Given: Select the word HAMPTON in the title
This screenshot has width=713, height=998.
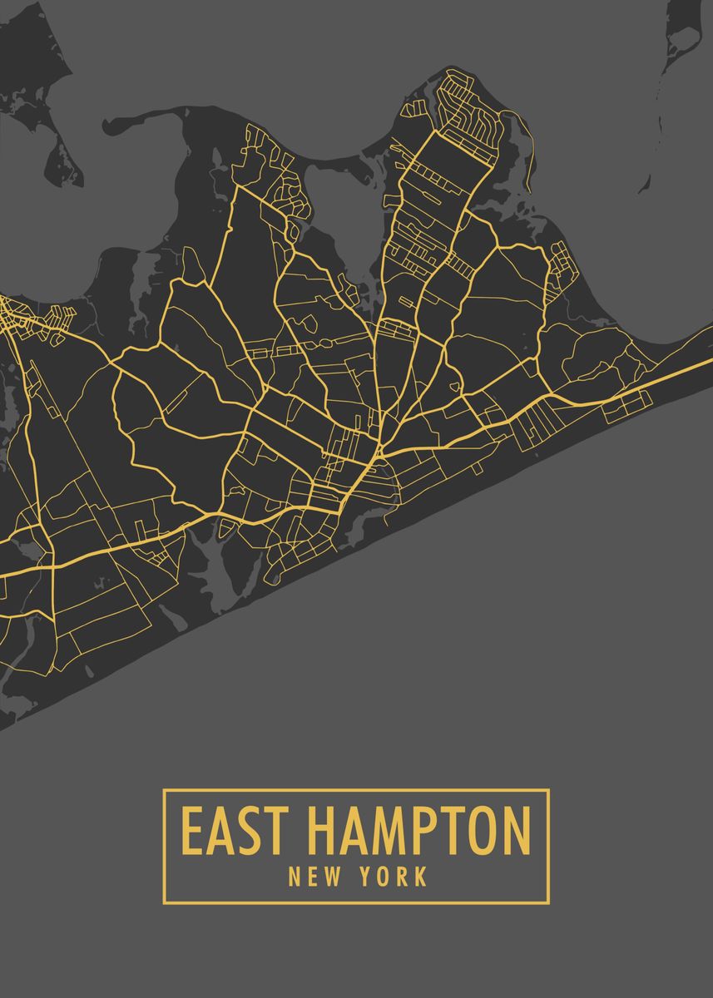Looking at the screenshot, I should coord(418,830).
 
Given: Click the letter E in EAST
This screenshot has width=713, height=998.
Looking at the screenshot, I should coord(192,830).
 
